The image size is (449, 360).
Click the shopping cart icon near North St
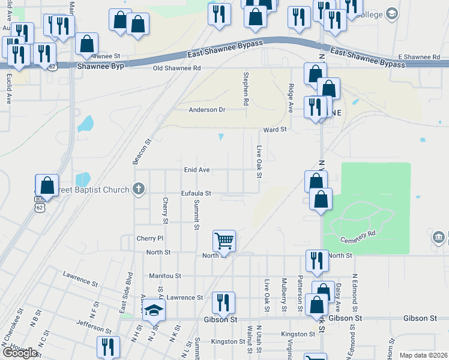click(224, 241)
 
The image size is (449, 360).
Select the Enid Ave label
click(196, 170)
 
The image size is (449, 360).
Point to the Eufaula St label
click(196, 194)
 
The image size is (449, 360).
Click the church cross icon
click(139, 190)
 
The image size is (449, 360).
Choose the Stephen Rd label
click(246, 89)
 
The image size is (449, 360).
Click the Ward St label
click(276, 130)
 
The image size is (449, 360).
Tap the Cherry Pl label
click(149, 239)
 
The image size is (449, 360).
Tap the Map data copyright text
click(423, 355)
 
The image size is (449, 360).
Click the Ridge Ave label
click(291, 98)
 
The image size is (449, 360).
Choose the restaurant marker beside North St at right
click(317, 260)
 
